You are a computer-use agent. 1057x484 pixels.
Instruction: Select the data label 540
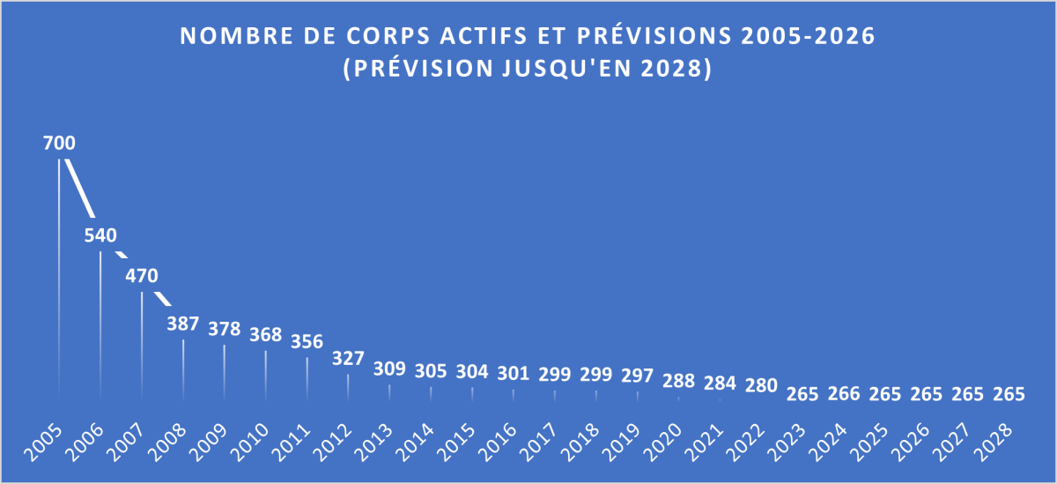pyautogui.click(x=100, y=235)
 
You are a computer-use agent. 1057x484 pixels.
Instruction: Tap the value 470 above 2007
pyautogui.click(x=142, y=276)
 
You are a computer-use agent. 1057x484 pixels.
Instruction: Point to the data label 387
pyautogui.click(x=183, y=324)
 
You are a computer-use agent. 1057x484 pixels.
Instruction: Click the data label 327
pyautogui.click(x=349, y=359)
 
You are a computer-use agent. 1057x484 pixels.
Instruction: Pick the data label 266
pyautogui.click(x=845, y=395)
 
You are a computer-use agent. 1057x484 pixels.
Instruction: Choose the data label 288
pyautogui.click(x=679, y=383)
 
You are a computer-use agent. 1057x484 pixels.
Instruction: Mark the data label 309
pyautogui.click(x=390, y=369)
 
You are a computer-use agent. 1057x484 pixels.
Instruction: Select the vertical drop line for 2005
pyautogui.click(x=59, y=282)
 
